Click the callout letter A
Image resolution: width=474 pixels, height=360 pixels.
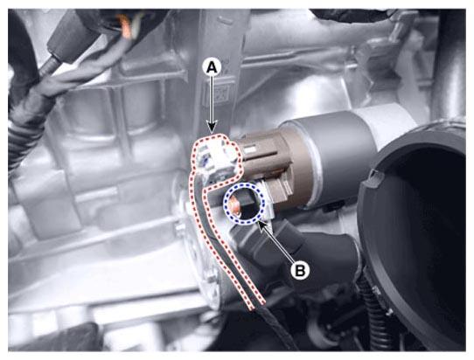click(212, 67)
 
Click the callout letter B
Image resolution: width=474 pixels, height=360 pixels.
click(300, 270)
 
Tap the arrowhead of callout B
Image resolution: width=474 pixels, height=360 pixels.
click(261, 225)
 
